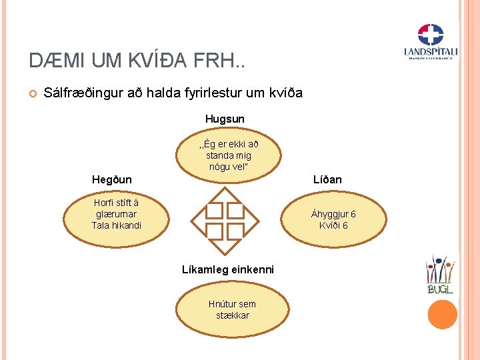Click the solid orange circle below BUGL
[x=442, y=314]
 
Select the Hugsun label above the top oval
[x=225, y=119]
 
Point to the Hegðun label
[x=112, y=179]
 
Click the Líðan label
[x=327, y=179]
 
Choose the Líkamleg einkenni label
[x=228, y=269]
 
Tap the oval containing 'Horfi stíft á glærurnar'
[x=117, y=214]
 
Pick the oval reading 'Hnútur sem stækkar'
[x=231, y=309]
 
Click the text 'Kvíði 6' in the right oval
[x=333, y=225]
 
